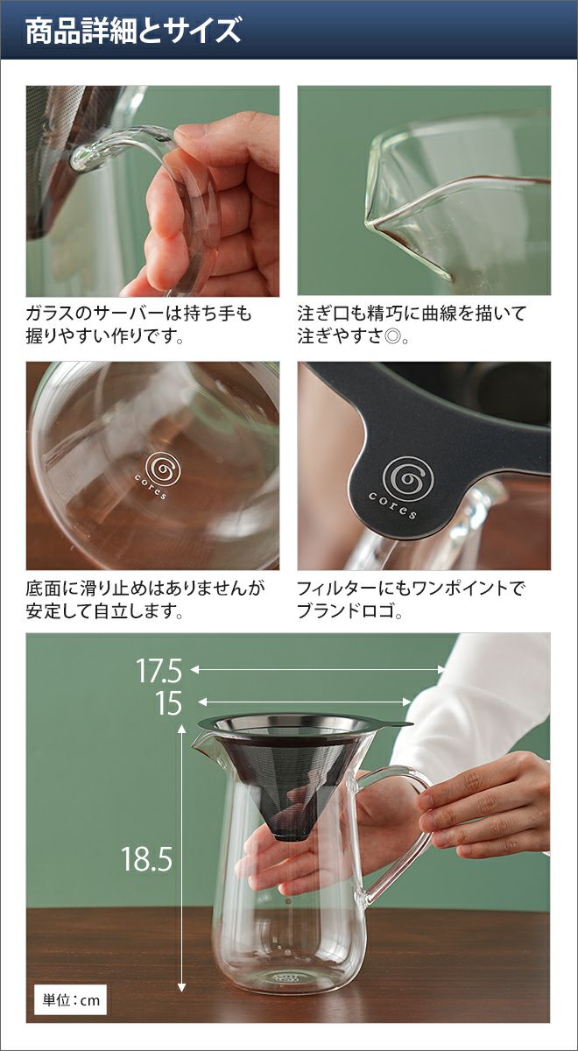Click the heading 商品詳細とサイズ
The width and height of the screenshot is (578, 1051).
click(133, 31)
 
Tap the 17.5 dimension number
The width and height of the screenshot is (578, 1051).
click(159, 670)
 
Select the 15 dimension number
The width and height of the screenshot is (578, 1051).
click(168, 702)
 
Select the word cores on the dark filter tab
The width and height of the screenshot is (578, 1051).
click(392, 505)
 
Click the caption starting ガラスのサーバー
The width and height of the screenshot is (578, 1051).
click(139, 325)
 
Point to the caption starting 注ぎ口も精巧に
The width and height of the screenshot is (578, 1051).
click(412, 325)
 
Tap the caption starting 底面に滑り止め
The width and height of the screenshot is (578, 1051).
click(146, 599)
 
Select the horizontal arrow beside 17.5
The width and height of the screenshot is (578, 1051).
click(318, 669)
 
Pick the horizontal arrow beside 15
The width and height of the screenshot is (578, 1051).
click(305, 702)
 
